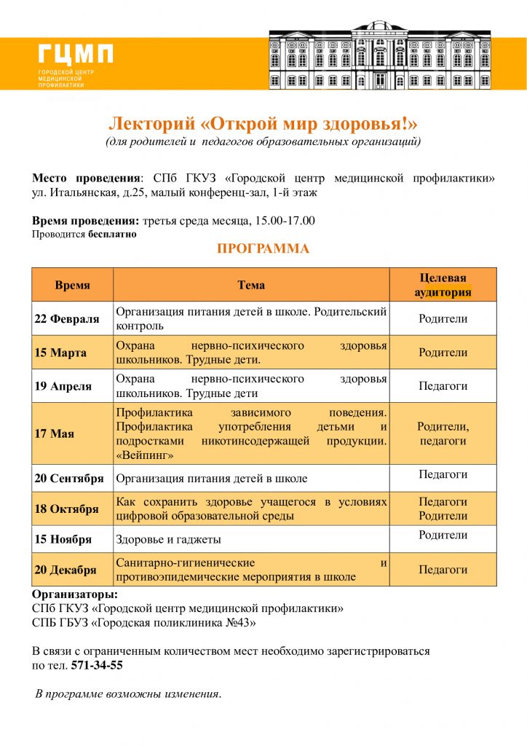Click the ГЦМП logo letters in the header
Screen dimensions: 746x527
click(76, 55)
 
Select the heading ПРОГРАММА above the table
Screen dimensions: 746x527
click(263, 249)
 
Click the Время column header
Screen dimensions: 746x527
click(72, 285)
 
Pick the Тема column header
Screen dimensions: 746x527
click(251, 285)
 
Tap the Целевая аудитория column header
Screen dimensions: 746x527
click(443, 285)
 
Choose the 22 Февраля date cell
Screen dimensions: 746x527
click(67, 319)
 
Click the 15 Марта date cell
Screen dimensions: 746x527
click(61, 353)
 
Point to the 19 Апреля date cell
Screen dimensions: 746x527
click(63, 386)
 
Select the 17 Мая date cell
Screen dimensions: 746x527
click(55, 433)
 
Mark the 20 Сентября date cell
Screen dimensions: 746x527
click(70, 479)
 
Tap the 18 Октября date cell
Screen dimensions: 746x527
click(66, 509)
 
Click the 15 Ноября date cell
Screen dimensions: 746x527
click(63, 540)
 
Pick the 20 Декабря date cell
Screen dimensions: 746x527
click(66, 570)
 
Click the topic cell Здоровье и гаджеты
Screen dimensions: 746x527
click(168, 540)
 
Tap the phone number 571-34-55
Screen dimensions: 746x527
click(97, 665)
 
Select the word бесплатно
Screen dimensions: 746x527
click(112, 235)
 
